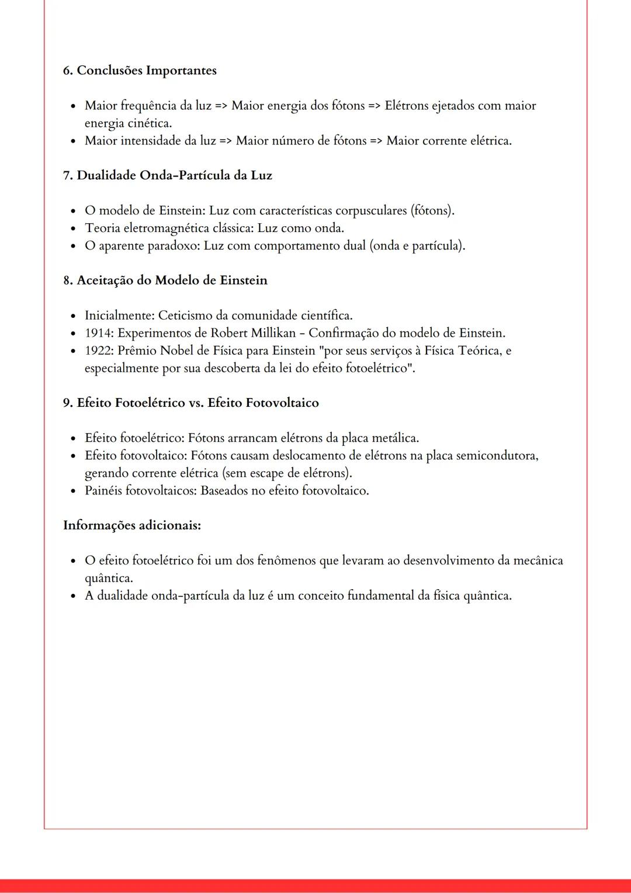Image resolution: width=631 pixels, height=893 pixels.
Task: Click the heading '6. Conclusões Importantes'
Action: [x=140, y=71]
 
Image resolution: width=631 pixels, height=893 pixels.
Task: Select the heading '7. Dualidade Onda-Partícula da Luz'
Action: [x=167, y=175]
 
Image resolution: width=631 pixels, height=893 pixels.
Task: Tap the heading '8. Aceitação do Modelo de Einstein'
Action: [x=165, y=281]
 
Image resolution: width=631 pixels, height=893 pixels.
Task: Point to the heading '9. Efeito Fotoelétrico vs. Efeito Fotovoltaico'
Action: [x=190, y=403]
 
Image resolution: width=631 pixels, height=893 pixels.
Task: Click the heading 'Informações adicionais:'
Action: [x=132, y=525]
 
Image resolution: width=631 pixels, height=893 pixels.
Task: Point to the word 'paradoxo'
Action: [x=173, y=245]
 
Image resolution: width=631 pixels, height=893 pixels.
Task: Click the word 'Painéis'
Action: [x=103, y=490]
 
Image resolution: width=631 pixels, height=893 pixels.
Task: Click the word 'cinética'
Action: [x=150, y=123]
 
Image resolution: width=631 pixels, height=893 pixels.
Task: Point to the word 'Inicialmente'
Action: [x=119, y=316]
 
